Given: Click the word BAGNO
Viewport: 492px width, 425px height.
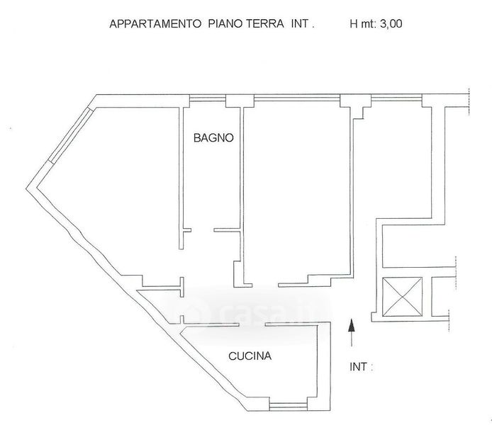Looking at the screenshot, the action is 213,138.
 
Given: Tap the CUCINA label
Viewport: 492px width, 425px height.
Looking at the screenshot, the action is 250,356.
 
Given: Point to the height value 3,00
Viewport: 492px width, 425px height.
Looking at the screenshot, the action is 391,23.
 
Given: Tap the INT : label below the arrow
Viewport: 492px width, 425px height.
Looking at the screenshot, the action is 362,367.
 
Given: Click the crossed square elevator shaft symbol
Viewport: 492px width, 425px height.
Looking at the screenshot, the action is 401,296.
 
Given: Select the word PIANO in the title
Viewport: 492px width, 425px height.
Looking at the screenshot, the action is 225,23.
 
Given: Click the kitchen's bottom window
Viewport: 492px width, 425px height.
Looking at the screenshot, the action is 289,406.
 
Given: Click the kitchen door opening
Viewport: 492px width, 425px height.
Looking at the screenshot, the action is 252,324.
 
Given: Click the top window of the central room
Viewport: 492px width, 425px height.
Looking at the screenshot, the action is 296,98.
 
